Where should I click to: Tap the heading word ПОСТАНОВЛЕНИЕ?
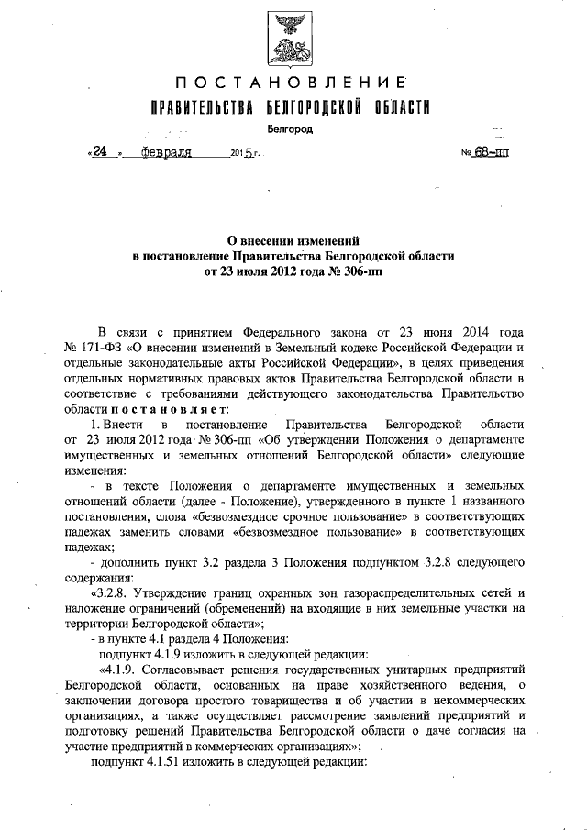[x=292, y=81]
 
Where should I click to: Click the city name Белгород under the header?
[x=291, y=128]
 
